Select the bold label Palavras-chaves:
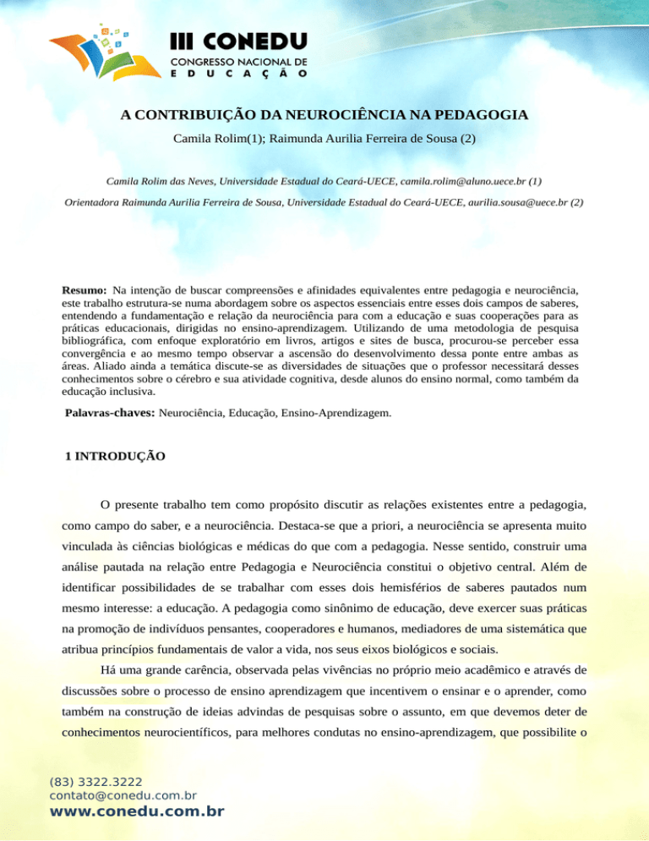coord(111,392)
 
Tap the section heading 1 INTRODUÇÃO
coord(115,457)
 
